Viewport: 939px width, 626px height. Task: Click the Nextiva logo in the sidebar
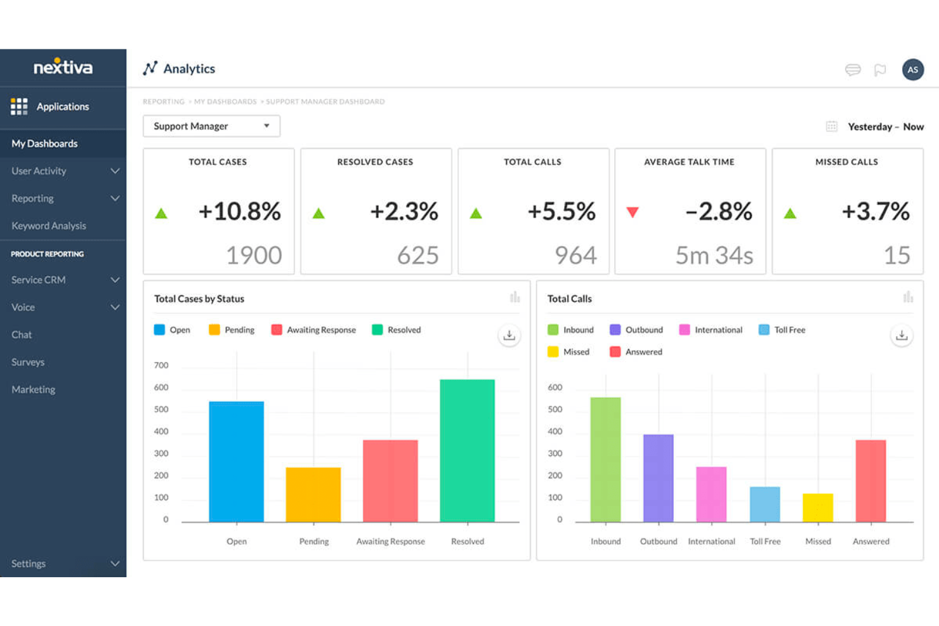[63, 67]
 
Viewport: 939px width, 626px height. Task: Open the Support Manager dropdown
[211, 126]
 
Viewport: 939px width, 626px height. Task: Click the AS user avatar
[912, 70]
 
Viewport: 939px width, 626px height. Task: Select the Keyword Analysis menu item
[49, 226]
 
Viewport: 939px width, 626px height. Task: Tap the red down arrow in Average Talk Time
[632, 212]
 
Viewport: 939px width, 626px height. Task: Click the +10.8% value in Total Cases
[239, 211]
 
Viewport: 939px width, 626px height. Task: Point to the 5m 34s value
[714, 255]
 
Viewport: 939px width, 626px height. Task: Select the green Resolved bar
[467, 450]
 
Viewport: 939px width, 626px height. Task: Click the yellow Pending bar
[313, 495]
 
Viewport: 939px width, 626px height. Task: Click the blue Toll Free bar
[765, 504]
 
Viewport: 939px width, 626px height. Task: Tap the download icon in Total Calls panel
[901, 336]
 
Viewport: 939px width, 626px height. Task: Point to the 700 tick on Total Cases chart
[161, 365]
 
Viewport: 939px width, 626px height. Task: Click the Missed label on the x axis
[818, 542]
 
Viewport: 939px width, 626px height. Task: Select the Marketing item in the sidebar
[33, 389]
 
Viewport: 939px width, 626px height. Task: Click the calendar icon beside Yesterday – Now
[831, 127]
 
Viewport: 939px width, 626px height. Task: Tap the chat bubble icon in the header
[853, 70]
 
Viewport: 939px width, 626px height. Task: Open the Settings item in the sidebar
[29, 563]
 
